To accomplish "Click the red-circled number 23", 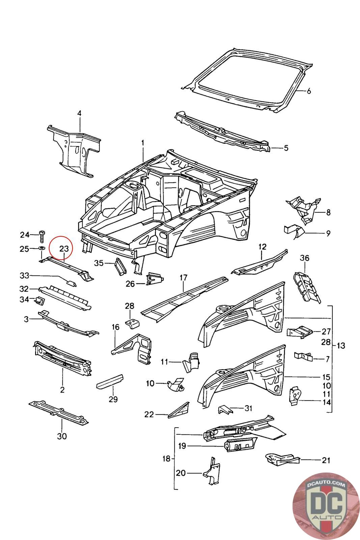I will coord(64,249).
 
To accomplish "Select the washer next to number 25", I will coord(41,249).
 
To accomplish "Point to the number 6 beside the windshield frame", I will coord(308,91).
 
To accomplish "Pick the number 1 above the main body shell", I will coord(143,143).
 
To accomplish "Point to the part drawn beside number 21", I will coord(282,459).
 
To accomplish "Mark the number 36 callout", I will coord(304,258).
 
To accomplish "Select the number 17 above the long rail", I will coord(183,278).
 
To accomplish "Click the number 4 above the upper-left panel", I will coord(79,113).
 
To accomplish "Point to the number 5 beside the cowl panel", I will coord(286,148).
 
